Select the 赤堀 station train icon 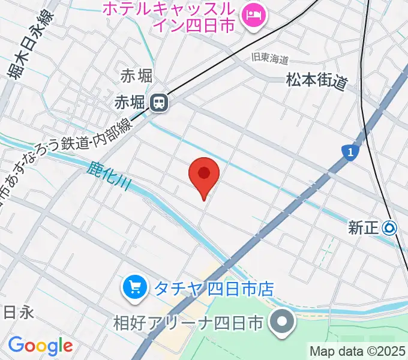[160, 103]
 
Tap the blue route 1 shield [349, 152]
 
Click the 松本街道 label [317, 81]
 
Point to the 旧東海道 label [270, 59]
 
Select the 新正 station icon [390, 227]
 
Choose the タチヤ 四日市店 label [214, 289]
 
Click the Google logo [40, 346]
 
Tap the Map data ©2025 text [358, 351]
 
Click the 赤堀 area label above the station [136, 76]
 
